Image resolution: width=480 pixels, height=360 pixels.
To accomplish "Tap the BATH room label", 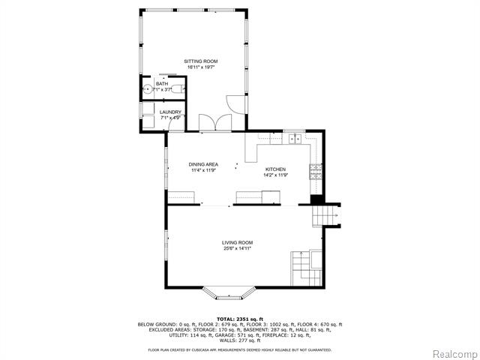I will [x=162, y=83].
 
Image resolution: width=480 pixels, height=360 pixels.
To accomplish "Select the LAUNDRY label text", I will [x=170, y=112].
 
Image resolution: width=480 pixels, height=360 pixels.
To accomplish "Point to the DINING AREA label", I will [x=202, y=164].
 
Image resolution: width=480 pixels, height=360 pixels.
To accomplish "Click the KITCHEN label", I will [x=275, y=169].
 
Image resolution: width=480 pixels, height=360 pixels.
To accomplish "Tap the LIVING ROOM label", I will [x=237, y=242].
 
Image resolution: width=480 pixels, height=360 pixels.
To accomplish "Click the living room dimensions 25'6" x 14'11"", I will [x=237, y=248].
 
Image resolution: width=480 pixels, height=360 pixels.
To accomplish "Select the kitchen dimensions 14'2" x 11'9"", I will [x=275, y=175].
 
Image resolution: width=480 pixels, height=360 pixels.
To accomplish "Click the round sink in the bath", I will [x=148, y=90].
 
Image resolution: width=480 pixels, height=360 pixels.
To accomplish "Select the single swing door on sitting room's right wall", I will [x=236, y=104].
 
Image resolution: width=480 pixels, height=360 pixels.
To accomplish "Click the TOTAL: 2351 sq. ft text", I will [x=239, y=319].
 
